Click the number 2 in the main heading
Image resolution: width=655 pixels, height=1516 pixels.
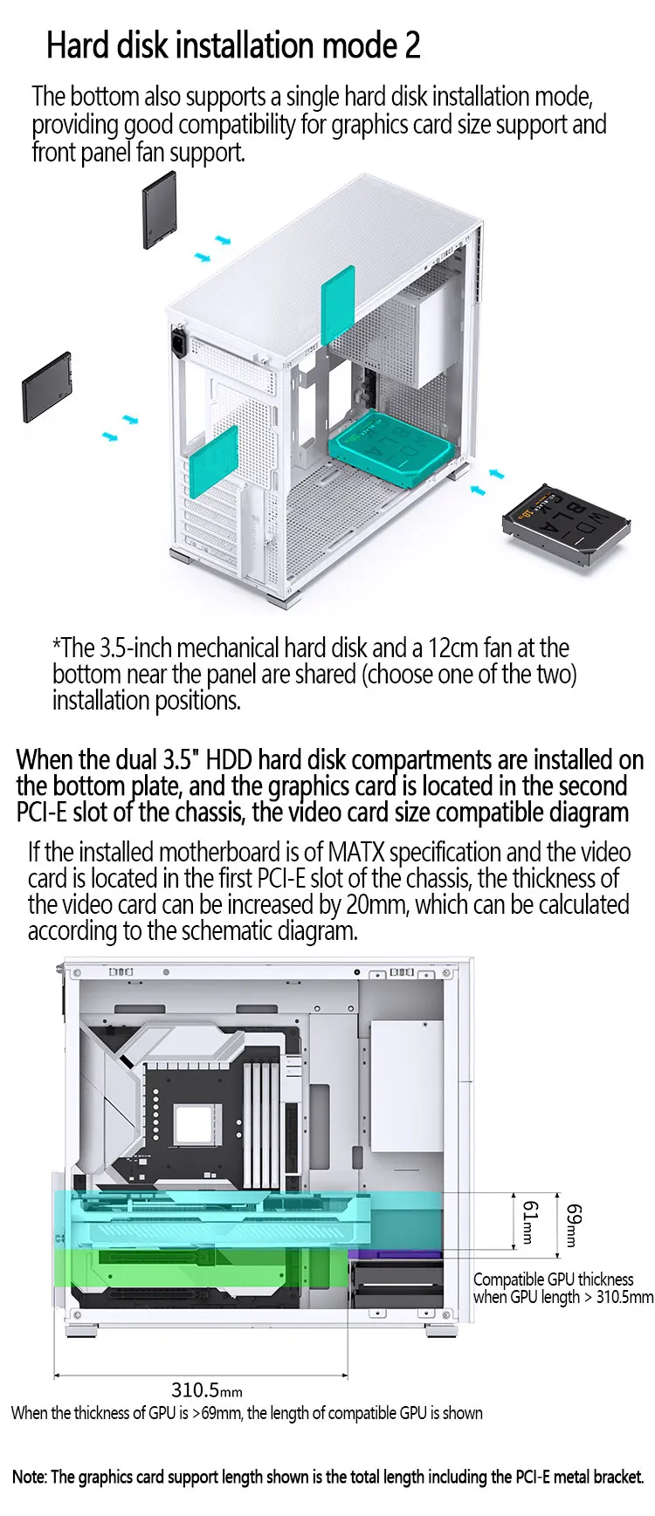click(x=412, y=45)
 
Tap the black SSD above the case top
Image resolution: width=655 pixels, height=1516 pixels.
click(x=160, y=209)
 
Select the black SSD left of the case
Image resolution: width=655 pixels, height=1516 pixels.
click(x=46, y=387)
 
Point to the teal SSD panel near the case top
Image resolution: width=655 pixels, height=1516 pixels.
click(x=338, y=305)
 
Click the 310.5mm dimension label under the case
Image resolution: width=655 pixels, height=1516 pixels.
click(x=206, y=1389)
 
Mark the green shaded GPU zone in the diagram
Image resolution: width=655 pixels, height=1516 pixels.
click(x=175, y=1267)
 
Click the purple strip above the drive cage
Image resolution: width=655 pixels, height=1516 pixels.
click(x=396, y=1254)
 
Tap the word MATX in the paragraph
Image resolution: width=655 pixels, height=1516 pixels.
click(x=350, y=852)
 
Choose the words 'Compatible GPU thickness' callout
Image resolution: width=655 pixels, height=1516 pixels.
click(x=554, y=1279)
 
